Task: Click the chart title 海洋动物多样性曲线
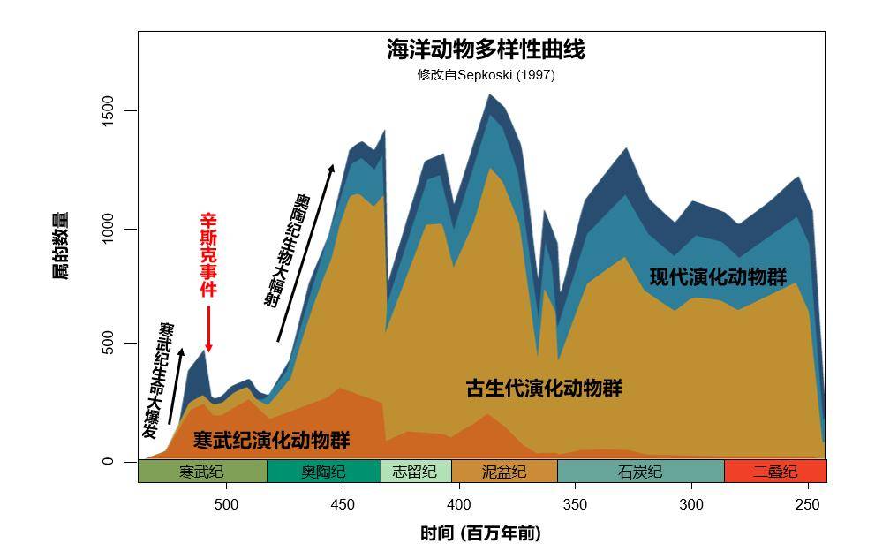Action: [486, 49]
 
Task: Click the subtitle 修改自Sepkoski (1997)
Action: [486, 75]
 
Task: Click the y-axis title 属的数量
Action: [60, 246]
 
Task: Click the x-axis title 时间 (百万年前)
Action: [480, 533]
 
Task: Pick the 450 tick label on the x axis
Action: [343, 505]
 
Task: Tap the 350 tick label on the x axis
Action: [575, 505]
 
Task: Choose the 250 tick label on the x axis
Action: [807, 505]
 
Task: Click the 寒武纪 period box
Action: [202, 472]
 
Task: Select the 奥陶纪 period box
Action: [323, 472]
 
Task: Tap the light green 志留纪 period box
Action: [415, 472]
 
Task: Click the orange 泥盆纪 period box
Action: [504, 472]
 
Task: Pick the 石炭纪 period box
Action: [640, 472]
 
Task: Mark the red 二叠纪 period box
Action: [774, 472]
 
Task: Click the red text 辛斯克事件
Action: [208, 254]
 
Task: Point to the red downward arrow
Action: [209, 329]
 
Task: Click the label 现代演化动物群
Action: [718, 277]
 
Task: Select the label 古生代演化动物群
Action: [544, 389]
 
